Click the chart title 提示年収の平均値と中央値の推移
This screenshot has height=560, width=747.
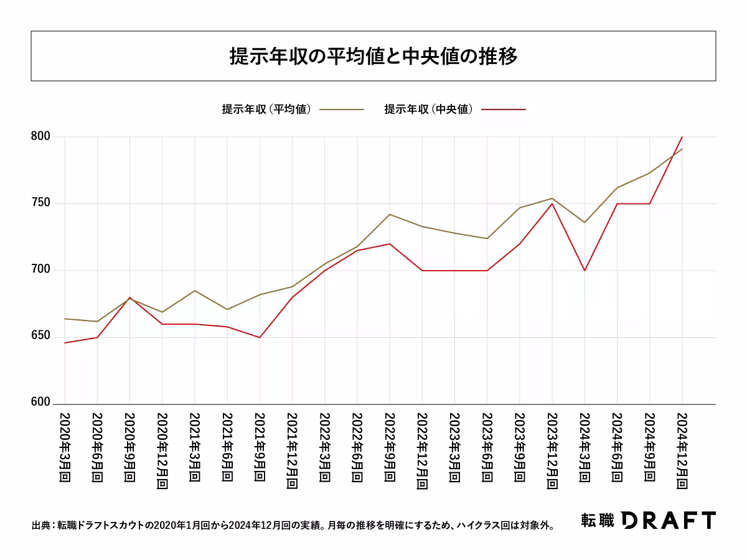pyautogui.click(x=373, y=57)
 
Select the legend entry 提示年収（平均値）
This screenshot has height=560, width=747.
pyautogui.click(x=267, y=110)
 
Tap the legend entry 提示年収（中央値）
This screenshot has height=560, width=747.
pyautogui.click(x=430, y=110)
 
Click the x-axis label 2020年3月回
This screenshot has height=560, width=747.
pyautogui.click(x=65, y=447)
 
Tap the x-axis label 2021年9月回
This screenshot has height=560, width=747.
pyautogui.click(x=260, y=447)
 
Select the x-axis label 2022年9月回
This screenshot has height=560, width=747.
pyautogui.click(x=390, y=447)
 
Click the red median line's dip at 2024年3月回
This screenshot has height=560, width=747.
pyautogui.click(x=585, y=271)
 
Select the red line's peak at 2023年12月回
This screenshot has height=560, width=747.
pyautogui.click(x=552, y=203)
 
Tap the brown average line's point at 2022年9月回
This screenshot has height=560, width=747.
pyautogui.click(x=390, y=214)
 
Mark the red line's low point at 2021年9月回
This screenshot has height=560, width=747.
pyautogui.click(x=260, y=337)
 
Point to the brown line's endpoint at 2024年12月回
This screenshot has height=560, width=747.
pyautogui.click(x=682, y=149)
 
